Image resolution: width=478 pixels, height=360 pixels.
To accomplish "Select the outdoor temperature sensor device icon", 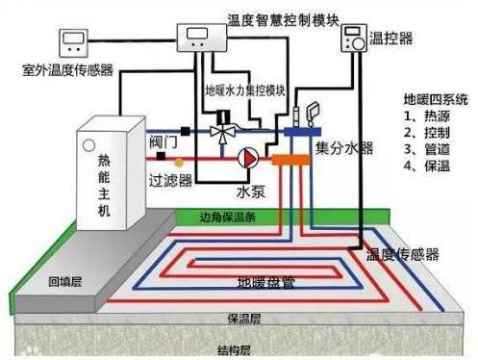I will point(74,40).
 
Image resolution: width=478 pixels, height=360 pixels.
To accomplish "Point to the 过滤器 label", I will point(170,179).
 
